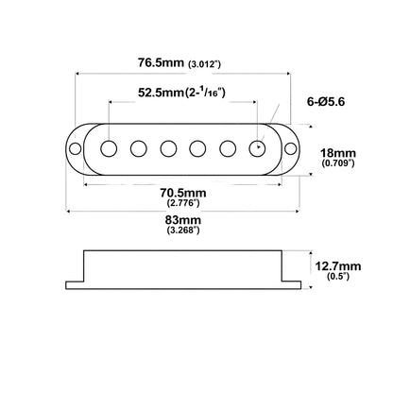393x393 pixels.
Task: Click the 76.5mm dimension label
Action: point(161,62)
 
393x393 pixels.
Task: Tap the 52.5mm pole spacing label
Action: point(161,93)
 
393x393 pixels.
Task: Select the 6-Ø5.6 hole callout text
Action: point(326,102)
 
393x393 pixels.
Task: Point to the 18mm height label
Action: point(338,153)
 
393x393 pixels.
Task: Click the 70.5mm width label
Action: point(183,193)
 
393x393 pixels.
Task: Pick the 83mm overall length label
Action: point(183,219)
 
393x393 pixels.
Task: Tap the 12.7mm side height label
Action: point(338,266)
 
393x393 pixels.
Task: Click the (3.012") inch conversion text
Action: point(204,64)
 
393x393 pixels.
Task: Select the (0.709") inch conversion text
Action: point(338,163)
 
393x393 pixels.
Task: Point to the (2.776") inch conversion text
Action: point(183,202)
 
